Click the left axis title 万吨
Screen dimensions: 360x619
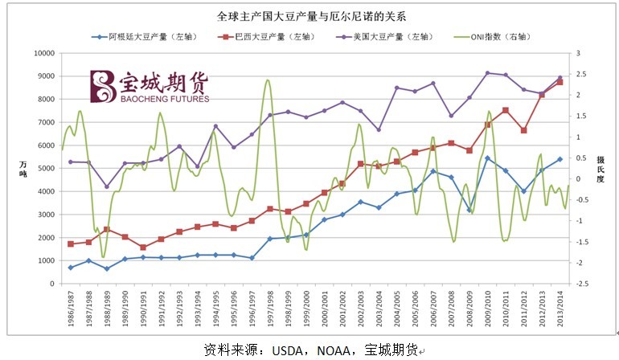pyautogui.click(x=23, y=169)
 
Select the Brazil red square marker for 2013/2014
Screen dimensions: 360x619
pyautogui.click(x=560, y=82)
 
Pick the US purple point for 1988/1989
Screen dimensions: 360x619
pyautogui.click(x=107, y=186)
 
